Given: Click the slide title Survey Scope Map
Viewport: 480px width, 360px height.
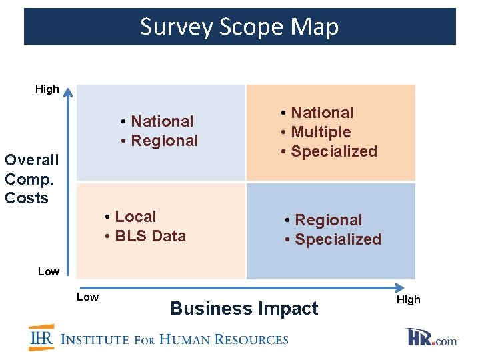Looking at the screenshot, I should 239,27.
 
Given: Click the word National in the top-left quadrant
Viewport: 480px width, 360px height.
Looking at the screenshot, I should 162,121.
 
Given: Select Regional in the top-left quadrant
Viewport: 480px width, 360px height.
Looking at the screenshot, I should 165,141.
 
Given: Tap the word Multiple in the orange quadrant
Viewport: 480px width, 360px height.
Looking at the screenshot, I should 321,132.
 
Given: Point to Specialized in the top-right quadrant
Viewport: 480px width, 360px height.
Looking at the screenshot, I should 334,151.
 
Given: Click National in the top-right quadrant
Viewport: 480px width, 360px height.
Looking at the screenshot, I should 322,113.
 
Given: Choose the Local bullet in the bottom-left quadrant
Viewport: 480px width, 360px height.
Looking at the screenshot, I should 135,217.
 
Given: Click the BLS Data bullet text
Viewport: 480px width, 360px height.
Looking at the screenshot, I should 150,236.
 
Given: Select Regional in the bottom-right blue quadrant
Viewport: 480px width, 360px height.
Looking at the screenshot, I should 328,220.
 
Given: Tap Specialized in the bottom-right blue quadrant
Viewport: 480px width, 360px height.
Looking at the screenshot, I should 337,239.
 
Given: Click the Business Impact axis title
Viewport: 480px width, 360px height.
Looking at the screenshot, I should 244,309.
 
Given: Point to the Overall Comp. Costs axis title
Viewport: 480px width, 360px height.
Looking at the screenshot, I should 31,179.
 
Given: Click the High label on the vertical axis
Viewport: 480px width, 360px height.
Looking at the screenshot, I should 47,89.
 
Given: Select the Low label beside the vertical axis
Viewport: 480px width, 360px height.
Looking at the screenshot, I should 48,271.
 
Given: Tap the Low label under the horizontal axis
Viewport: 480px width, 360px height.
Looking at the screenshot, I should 87,297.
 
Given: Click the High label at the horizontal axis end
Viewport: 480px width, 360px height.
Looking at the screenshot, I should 409,300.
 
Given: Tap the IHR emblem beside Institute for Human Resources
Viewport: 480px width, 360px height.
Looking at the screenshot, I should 41,338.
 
